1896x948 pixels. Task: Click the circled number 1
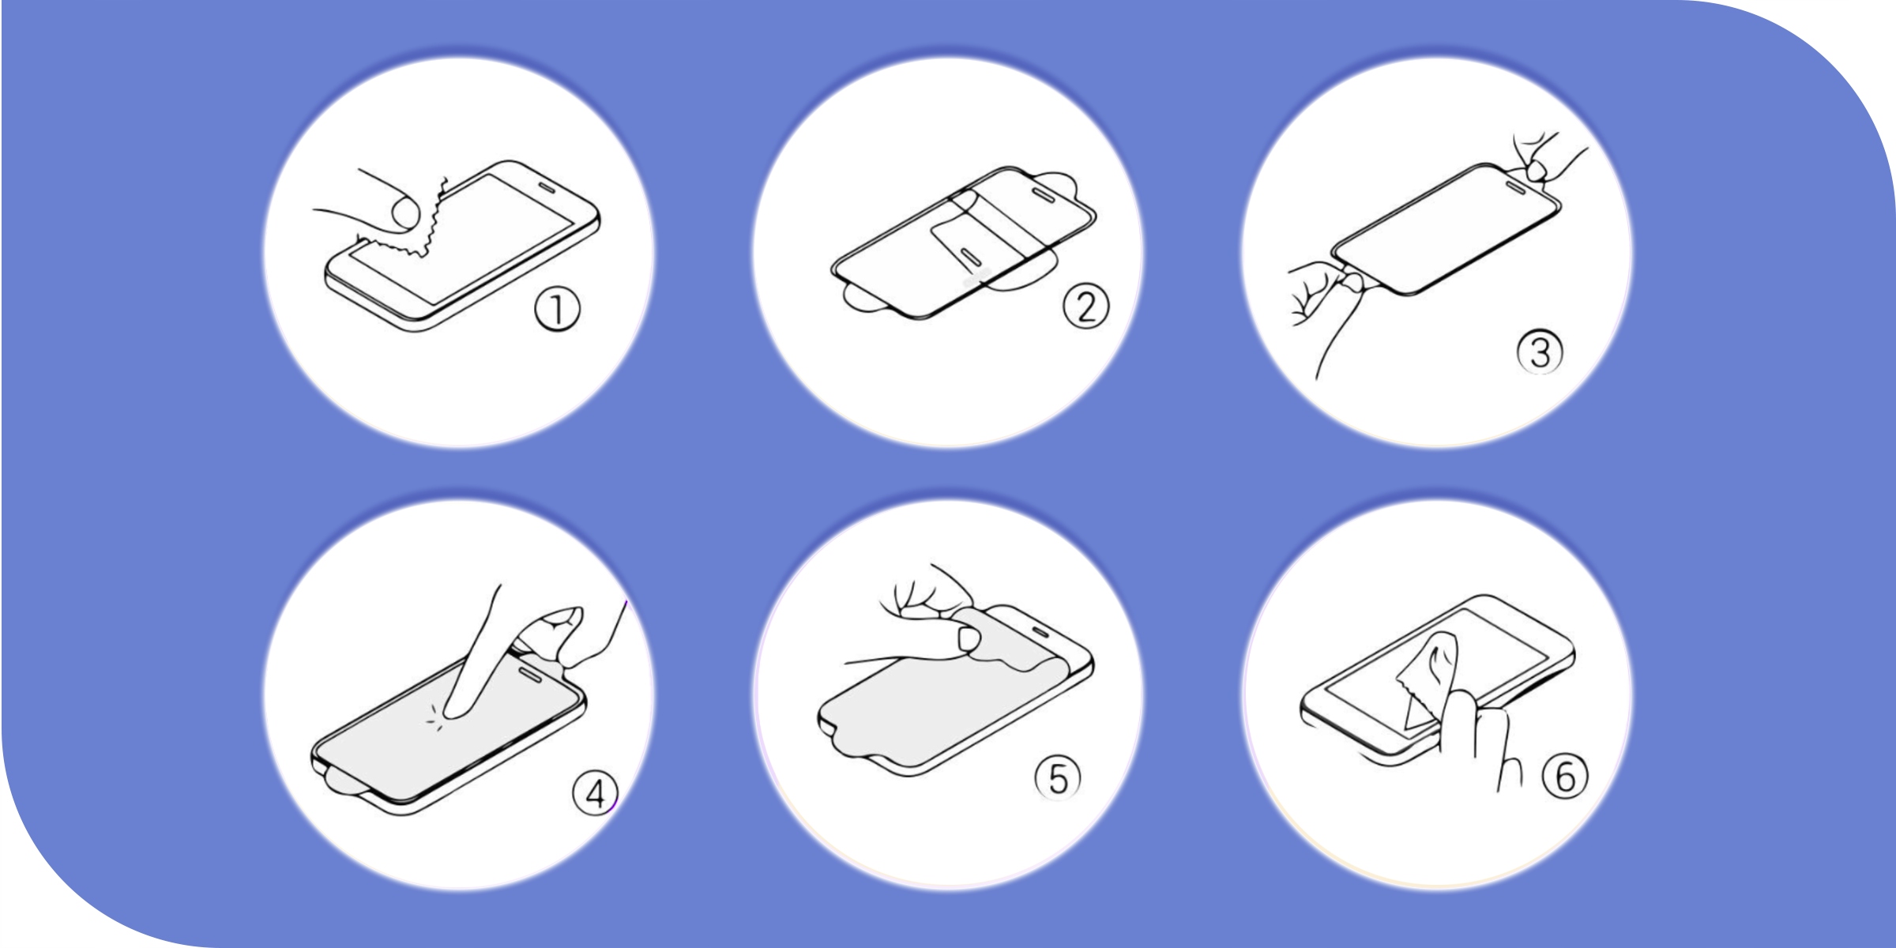pos(557,310)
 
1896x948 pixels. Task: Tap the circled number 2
pos(1085,307)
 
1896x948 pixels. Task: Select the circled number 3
pos(1540,352)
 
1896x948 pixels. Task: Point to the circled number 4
pos(595,793)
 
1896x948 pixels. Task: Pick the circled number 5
pos(1058,778)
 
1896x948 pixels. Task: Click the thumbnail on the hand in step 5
pos(968,638)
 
